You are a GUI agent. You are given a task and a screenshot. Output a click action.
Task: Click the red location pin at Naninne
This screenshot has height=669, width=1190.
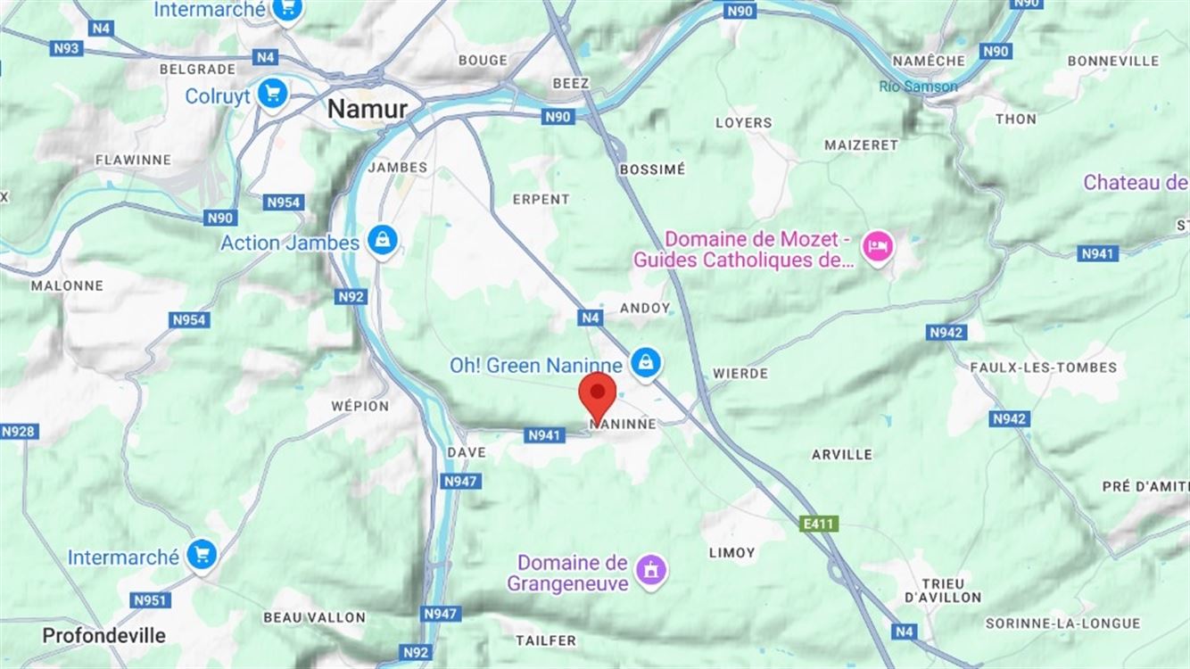coord(597,393)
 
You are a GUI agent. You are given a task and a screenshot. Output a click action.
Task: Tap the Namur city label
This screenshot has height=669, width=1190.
coord(368,109)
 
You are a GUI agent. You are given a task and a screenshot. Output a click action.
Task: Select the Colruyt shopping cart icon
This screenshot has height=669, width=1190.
coord(272,94)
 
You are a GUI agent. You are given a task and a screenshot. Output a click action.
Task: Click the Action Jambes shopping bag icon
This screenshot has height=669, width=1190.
coord(383,240)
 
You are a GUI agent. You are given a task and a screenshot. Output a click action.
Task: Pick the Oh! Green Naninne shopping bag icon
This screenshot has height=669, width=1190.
coord(644,362)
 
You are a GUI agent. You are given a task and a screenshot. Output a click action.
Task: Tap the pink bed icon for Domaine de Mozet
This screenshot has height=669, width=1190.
coord(878,247)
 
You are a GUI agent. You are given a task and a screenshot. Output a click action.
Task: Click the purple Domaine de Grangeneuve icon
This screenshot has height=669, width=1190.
coord(650,569)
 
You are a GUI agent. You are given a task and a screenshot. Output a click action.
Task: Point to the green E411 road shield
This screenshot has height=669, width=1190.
coord(819,524)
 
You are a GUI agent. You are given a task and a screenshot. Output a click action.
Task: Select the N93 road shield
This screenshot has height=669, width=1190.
coord(67,48)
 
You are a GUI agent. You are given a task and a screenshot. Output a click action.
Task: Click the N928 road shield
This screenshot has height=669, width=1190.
coord(19,432)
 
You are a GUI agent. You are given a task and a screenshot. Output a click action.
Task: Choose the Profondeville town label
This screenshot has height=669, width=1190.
coord(104,635)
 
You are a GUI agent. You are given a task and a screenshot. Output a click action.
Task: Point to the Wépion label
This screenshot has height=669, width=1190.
coord(360,406)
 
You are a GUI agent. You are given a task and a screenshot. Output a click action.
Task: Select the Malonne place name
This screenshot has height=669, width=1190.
coord(67,285)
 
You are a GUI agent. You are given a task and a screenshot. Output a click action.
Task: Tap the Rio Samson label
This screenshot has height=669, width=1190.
coord(918,87)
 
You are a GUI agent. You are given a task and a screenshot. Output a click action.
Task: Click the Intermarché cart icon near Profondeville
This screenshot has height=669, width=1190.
coord(202,555)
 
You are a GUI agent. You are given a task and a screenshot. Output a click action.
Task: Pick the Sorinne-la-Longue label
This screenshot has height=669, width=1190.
coord(1062,624)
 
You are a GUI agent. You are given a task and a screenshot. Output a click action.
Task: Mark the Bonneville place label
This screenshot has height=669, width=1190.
coord(1112,61)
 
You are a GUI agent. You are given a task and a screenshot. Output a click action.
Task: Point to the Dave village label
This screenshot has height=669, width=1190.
coord(467,452)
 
